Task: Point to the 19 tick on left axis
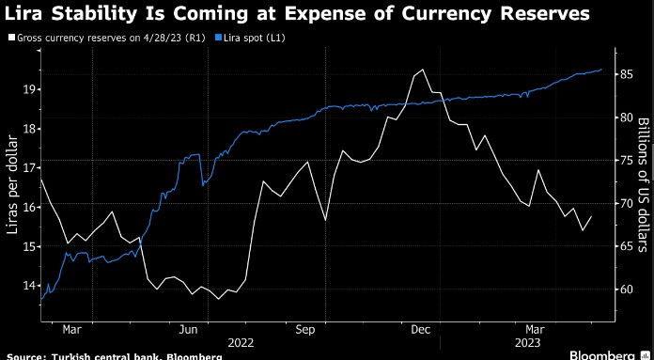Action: point(29,89)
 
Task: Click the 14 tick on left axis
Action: point(29,285)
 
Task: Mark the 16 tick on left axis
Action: point(29,207)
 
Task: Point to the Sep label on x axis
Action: point(304,329)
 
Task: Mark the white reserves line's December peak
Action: point(424,70)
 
